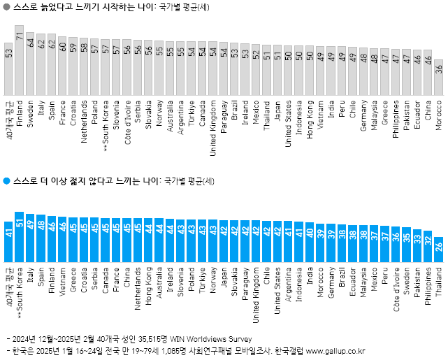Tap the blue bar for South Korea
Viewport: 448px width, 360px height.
pos(20,238)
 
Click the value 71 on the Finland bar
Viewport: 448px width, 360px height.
pos(20,34)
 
